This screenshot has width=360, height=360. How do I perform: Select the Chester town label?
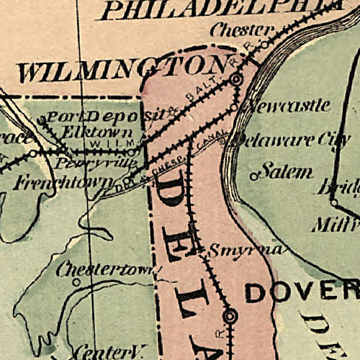click(242, 31)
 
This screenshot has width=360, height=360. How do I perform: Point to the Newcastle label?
click(288, 107)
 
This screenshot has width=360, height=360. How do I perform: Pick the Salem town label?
click(286, 171)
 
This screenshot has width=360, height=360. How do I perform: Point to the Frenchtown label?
click(63, 181)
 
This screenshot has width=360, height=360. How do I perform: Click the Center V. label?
click(109, 351)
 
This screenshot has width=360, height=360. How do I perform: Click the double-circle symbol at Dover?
click(230, 315)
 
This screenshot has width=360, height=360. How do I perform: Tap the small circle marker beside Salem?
click(253, 175)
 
